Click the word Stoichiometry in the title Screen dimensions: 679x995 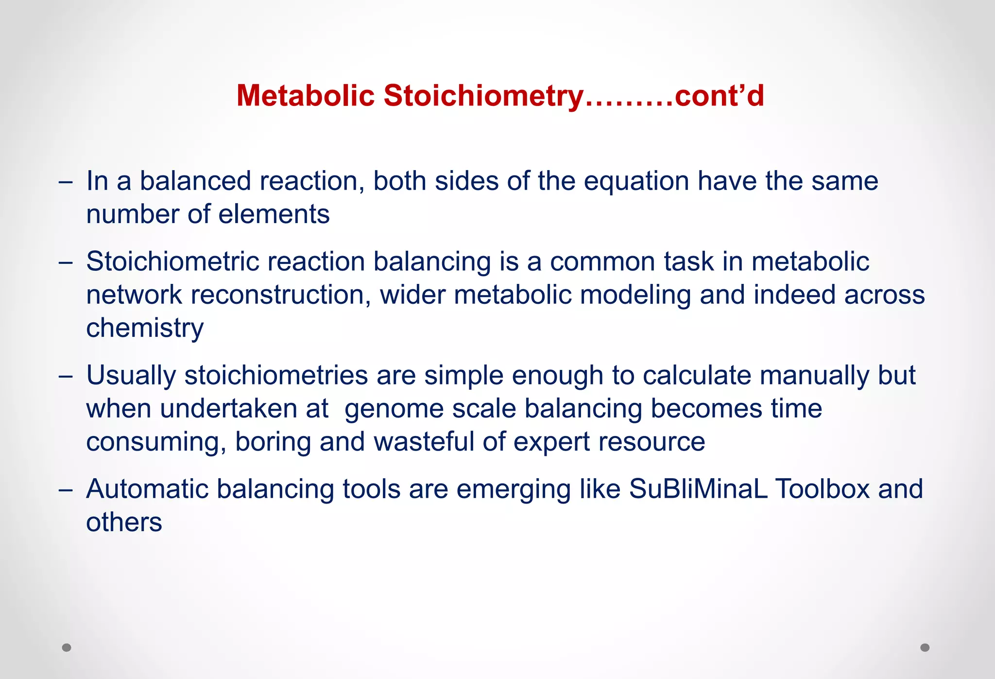(x=483, y=96)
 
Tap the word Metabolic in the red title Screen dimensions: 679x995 (x=305, y=96)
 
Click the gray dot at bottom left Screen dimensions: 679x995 (x=67, y=647)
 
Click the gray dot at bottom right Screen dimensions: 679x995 (x=925, y=647)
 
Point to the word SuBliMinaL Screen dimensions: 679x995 (x=698, y=489)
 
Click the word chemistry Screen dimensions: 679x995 (x=145, y=329)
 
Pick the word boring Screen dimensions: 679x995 (x=273, y=442)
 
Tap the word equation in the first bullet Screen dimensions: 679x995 (x=636, y=181)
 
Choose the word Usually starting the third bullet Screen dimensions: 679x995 (x=131, y=376)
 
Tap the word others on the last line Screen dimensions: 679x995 (x=124, y=522)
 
